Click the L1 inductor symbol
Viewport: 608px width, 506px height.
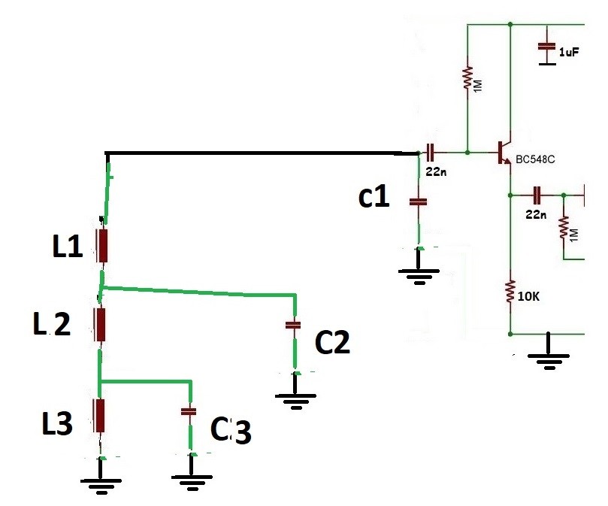point(102,244)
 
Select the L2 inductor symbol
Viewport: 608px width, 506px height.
point(99,323)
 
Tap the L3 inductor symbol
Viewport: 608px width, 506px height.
point(99,414)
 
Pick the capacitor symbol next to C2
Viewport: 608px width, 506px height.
point(293,325)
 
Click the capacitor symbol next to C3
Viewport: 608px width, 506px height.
point(189,411)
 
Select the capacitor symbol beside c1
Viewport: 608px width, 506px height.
point(418,201)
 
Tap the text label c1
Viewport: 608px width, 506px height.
point(374,197)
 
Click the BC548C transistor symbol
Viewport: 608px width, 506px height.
point(504,153)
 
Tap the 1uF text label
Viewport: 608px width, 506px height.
point(569,51)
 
